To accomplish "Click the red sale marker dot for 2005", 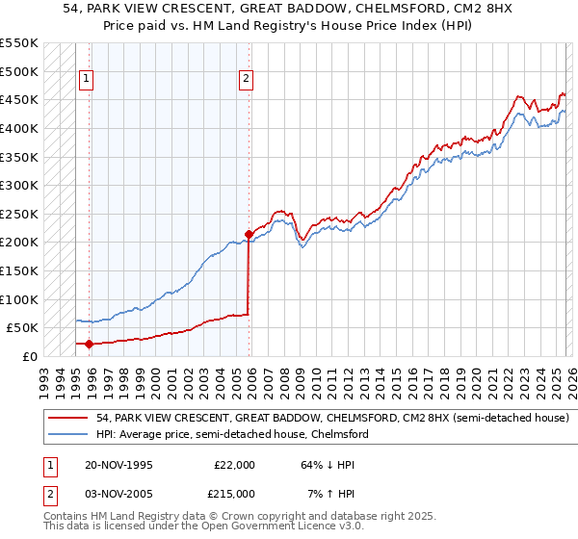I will click(x=249, y=234).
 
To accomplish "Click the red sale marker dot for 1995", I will click(x=89, y=344).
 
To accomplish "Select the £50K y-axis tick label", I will click(x=22, y=327).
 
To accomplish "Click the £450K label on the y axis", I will click(x=18, y=99).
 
